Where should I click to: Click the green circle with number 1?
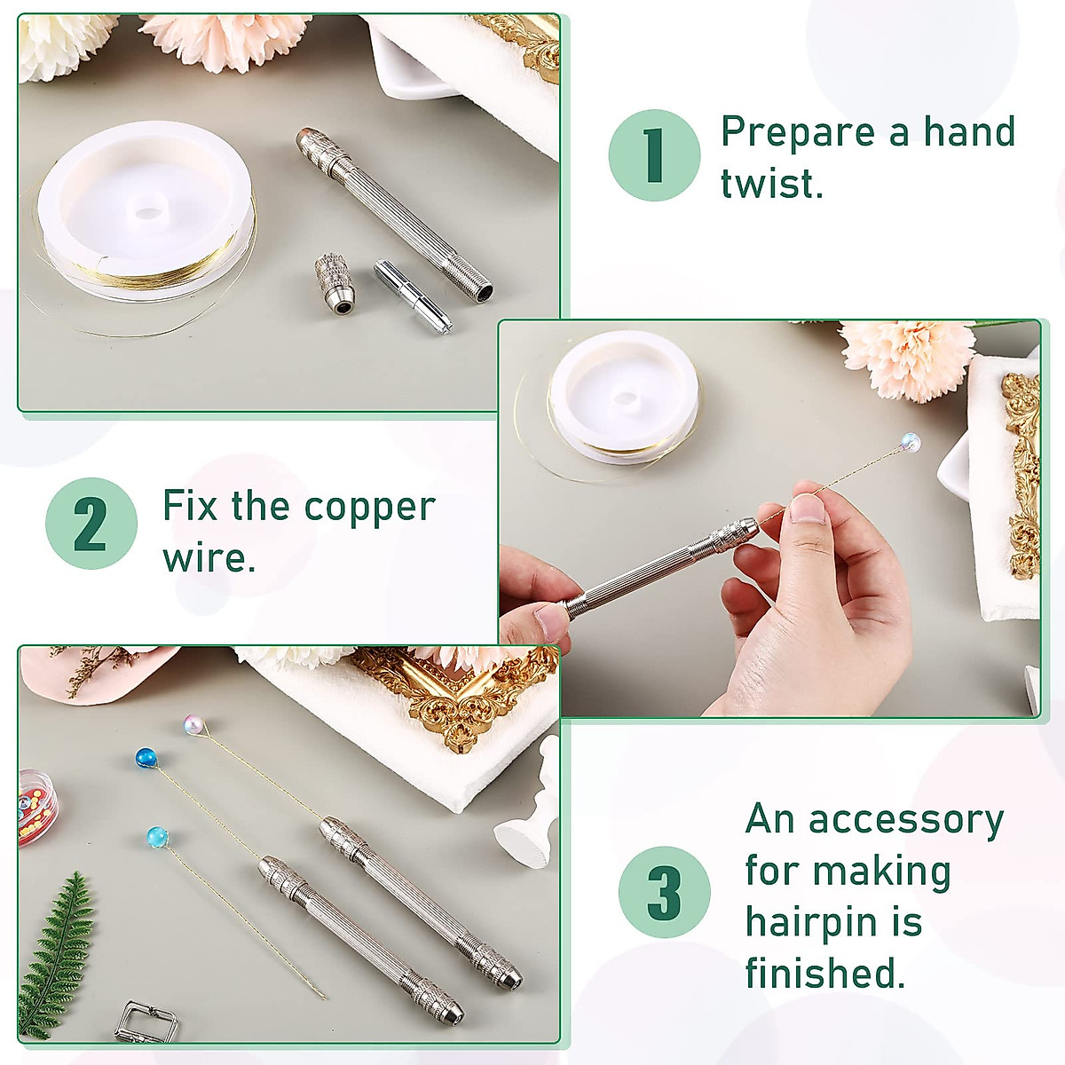(654, 155)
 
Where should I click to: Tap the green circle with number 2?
(91, 524)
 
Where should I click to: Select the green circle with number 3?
(665, 892)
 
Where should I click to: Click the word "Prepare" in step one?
(797, 133)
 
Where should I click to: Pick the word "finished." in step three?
(825, 973)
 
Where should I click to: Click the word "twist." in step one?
(771, 184)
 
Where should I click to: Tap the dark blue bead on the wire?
(146, 759)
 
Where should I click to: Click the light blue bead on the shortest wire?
(157, 836)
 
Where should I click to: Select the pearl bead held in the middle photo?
(910, 440)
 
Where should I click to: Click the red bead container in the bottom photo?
(35, 803)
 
